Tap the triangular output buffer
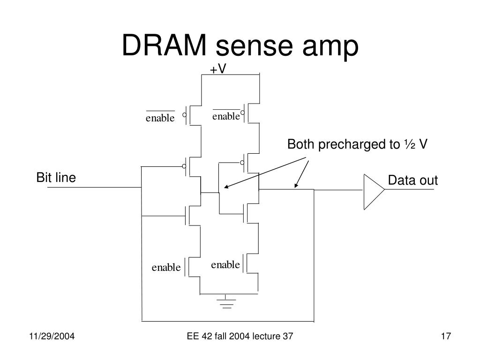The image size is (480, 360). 374,192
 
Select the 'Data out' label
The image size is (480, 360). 412,180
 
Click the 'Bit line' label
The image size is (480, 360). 56,178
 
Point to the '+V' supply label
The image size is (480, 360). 218,69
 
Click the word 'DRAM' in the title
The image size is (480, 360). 165,45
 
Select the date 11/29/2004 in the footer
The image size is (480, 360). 52,336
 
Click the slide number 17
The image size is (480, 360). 446,336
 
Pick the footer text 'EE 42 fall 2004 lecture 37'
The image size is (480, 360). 240,336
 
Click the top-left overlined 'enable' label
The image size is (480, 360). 160,117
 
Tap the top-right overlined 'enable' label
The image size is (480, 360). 226,115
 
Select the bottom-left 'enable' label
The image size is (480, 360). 166,267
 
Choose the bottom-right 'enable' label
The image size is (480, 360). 225,264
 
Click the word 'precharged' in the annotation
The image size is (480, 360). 359,145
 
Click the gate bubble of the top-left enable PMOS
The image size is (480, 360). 184,115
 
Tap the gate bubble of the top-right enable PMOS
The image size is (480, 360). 242,112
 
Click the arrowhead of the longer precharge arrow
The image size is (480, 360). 226,187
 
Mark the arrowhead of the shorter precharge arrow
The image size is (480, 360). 296,185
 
